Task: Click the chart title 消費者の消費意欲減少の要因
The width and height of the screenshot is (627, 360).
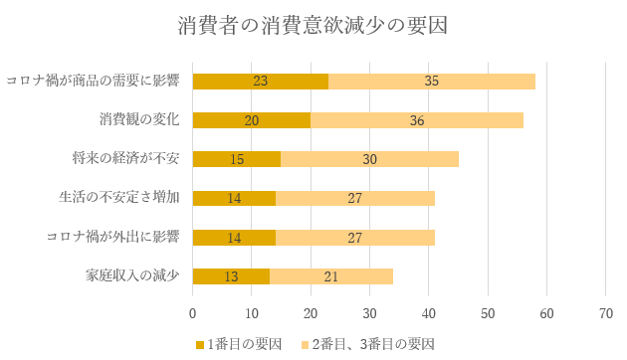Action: coord(313,26)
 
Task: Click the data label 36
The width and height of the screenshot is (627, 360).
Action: coord(417,120)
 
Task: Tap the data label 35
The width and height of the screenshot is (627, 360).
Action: coord(432,82)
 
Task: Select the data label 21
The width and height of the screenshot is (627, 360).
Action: coord(331,276)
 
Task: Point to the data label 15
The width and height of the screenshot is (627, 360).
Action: coord(237,159)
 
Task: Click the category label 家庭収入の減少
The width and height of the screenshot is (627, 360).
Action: coord(134,275)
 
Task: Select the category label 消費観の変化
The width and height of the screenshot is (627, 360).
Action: coord(138,119)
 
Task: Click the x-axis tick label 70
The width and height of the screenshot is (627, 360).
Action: coord(606,312)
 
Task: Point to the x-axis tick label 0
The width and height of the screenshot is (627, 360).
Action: coord(192,312)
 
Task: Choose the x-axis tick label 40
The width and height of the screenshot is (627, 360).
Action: coord(429,312)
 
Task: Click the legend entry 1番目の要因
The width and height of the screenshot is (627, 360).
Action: coord(241,344)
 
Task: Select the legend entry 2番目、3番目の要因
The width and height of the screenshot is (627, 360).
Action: coord(367,344)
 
